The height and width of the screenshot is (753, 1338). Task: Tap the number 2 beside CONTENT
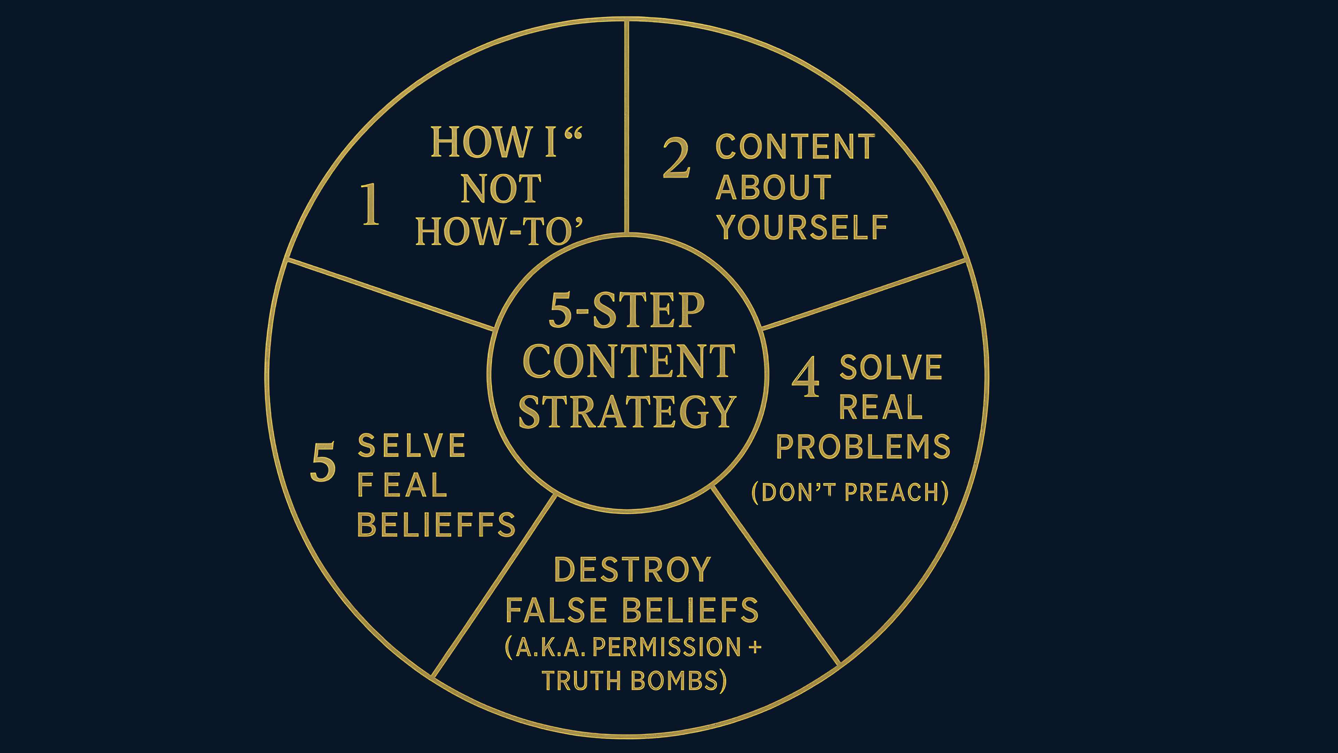coord(676,158)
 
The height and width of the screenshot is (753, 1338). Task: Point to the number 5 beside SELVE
coord(323,462)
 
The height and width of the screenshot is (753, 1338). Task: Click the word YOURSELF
coord(802,228)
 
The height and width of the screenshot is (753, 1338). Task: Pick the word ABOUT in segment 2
coord(774,187)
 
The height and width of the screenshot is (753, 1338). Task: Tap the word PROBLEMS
coord(863,447)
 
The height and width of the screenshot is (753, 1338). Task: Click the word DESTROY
coord(632,570)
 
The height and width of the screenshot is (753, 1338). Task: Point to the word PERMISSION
coord(667,647)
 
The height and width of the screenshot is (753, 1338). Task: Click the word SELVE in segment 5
coord(412,446)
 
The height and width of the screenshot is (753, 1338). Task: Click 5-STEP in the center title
coord(626,310)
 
